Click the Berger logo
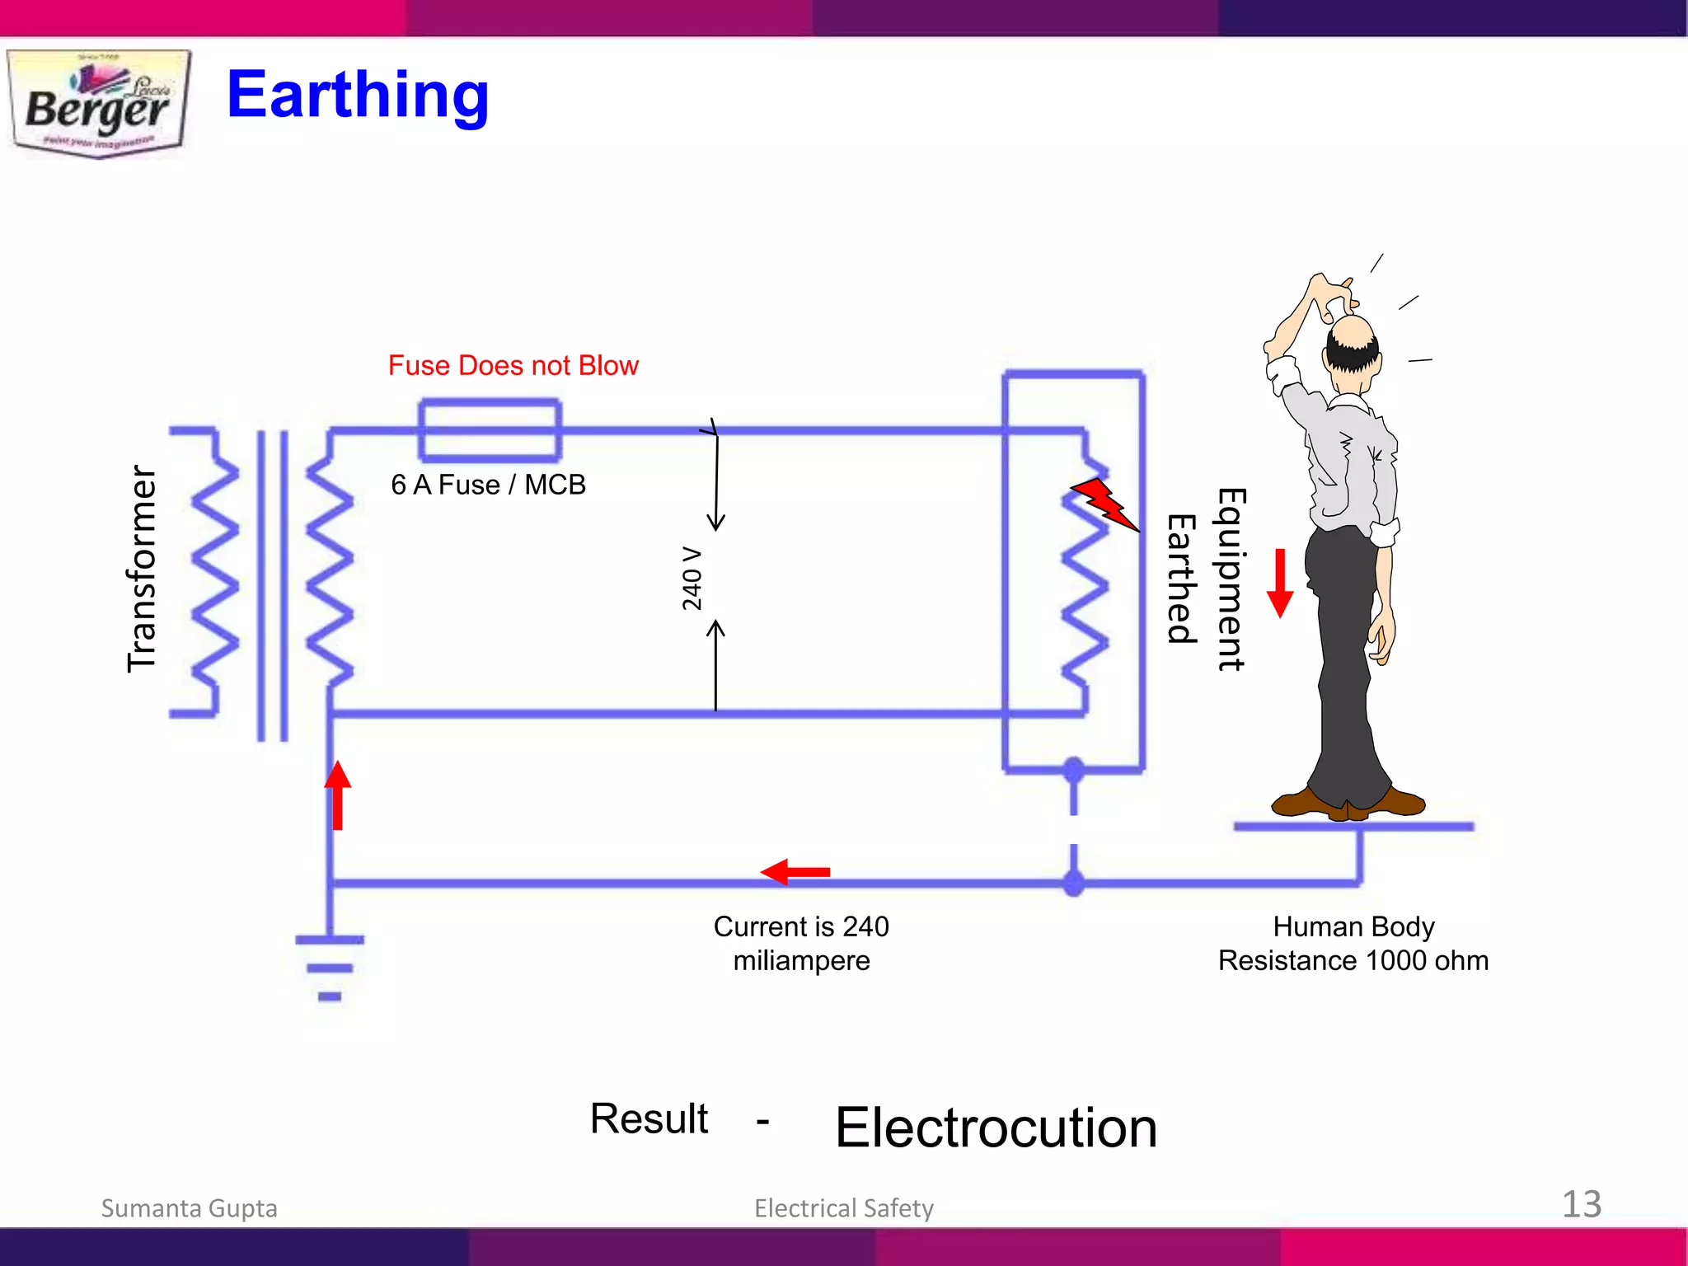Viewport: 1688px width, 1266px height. [x=99, y=104]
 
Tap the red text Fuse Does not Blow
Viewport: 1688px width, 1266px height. [x=513, y=365]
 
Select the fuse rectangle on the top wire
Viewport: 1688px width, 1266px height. [x=490, y=430]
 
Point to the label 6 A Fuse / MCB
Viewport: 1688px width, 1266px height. [x=488, y=485]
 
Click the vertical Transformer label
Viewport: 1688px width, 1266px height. [x=142, y=569]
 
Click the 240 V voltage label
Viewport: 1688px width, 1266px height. [x=692, y=578]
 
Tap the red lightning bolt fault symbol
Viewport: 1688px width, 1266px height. [x=1104, y=502]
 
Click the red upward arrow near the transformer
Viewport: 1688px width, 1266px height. [x=337, y=795]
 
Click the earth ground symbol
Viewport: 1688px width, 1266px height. [x=330, y=968]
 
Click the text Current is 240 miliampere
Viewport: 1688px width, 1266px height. [x=801, y=943]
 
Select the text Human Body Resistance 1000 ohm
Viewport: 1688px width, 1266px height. [x=1353, y=943]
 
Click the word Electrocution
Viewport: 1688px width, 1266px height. [x=996, y=1128]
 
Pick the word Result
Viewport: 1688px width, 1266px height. [x=649, y=1118]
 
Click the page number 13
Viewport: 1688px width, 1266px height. [x=1581, y=1204]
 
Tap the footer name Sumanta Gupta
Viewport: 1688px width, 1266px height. [x=189, y=1207]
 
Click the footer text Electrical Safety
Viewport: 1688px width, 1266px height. [x=844, y=1207]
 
